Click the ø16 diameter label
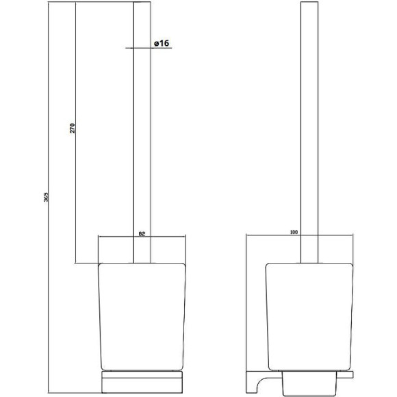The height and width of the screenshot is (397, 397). pos(162,43)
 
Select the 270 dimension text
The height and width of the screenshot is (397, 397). pos(73,128)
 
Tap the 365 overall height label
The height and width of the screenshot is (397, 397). pos(46,197)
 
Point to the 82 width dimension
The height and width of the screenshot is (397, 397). pos(142,234)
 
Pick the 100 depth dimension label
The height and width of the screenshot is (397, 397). pos(294,232)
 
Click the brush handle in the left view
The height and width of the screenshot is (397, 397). pos(142,132)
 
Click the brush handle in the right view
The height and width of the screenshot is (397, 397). pos(309,132)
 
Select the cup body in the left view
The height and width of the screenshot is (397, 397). pos(142,317)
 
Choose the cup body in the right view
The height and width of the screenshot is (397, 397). pos(309,317)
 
